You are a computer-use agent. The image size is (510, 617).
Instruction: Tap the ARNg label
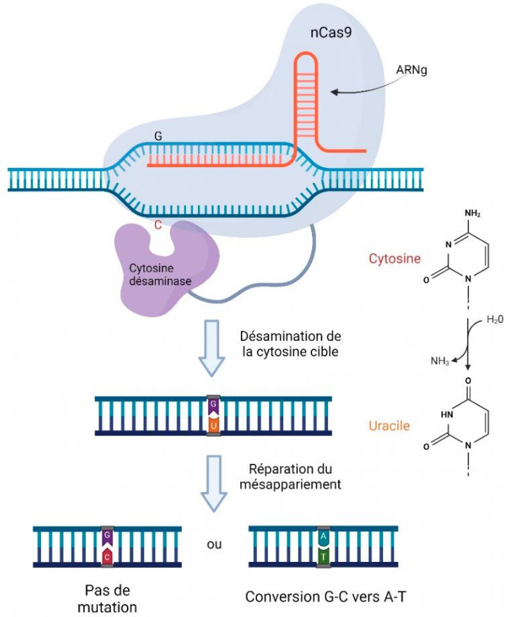click(x=413, y=70)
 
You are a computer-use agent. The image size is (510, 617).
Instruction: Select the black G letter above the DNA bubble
click(x=158, y=136)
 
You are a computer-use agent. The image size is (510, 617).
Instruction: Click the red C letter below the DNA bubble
click(x=158, y=226)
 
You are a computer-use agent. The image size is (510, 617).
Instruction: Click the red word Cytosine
click(x=395, y=258)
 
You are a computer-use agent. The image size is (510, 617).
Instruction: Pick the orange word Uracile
click(x=390, y=426)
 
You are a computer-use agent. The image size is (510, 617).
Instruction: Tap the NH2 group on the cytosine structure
click(x=472, y=214)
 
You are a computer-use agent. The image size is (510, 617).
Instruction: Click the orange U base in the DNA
click(x=213, y=426)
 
